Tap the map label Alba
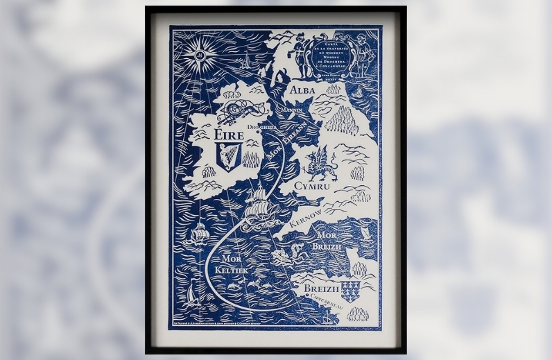tap(302, 90)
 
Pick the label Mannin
tap(291, 110)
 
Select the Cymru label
tap(313, 187)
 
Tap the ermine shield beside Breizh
tap(352, 289)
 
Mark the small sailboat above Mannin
tap(245, 61)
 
